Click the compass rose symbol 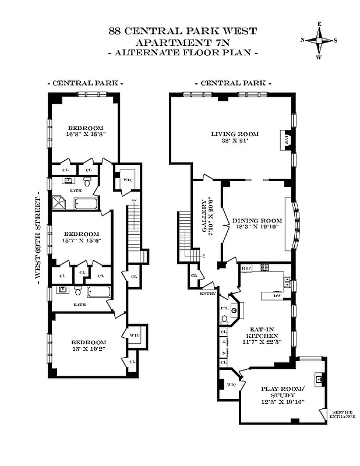(319, 40)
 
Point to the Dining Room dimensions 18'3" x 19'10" (257, 227)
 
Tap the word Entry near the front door (207, 294)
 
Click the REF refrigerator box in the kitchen (246, 268)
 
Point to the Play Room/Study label (282, 392)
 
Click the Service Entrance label (341, 414)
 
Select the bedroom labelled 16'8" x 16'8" (86, 131)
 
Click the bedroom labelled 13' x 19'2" (89, 345)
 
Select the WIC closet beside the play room (231, 385)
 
